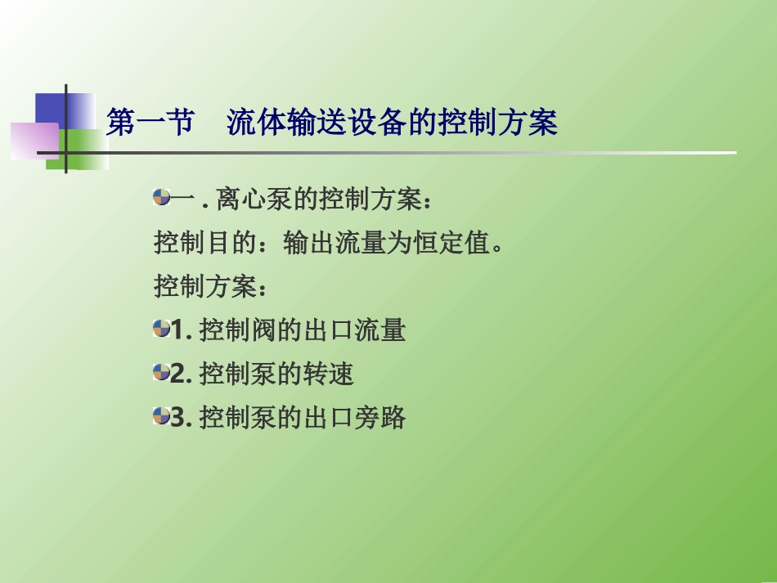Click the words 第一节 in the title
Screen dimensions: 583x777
pyautogui.click(x=150, y=123)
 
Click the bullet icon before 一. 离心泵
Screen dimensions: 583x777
pyautogui.click(x=161, y=196)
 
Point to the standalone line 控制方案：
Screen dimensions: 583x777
pyautogui.click(x=212, y=287)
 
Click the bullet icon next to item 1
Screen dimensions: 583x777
pyautogui.click(x=161, y=329)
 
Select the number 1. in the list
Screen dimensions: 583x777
pyautogui.click(x=182, y=330)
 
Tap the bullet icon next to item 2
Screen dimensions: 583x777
pyautogui.click(x=161, y=373)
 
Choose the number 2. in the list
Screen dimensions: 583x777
pyautogui.click(x=182, y=374)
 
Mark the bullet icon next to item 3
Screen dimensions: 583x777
pyautogui.click(x=161, y=416)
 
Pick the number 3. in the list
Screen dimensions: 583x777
pyautogui.click(x=182, y=418)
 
